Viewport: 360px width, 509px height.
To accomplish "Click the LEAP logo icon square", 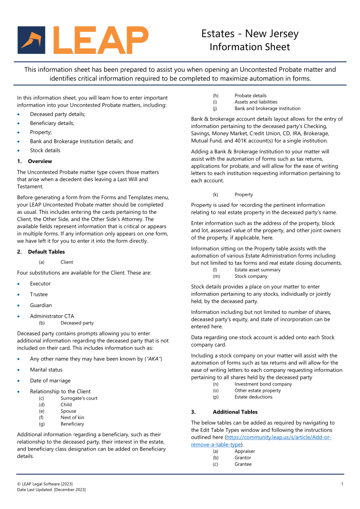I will (31, 40).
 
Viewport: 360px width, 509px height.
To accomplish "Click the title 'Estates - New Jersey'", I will (250, 34).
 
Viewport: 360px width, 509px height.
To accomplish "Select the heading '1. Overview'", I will (34, 161).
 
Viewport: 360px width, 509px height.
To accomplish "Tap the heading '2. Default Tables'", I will (41, 252).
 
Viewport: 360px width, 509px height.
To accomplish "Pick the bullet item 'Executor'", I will (40, 283).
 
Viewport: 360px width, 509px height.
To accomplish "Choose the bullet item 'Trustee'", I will (39, 294).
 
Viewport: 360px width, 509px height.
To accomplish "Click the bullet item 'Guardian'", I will (41, 305).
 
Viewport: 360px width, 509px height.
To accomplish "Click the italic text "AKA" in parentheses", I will (153, 359).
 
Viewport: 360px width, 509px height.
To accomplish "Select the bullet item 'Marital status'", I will (46, 370).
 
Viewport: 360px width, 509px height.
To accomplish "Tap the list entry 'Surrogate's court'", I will (79, 398).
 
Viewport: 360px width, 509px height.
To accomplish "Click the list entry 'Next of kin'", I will (72, 418).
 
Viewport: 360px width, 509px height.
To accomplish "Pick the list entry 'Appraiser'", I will (245, 451).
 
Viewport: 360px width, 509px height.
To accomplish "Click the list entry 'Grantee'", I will (243, 464).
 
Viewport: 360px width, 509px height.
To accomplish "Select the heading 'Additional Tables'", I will (235, 412).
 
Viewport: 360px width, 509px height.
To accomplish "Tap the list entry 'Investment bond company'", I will (263, 384).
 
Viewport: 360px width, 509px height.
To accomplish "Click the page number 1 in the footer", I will (342, 484).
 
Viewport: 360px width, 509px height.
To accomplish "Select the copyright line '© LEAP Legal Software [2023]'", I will (44, 484).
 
